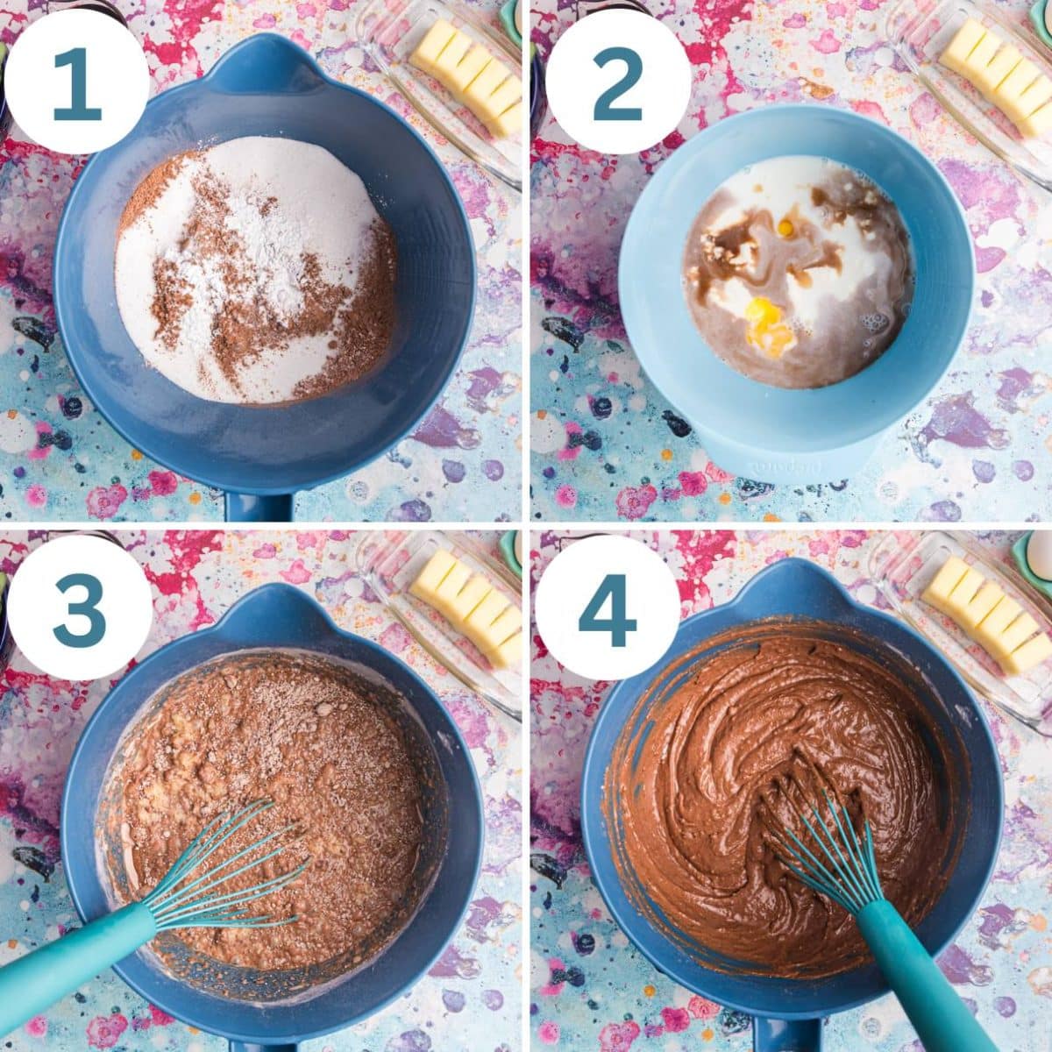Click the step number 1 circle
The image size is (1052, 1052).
coord(77,85)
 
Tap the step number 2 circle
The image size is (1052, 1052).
coord(617,85)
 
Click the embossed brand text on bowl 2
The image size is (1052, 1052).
coord(778,465)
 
